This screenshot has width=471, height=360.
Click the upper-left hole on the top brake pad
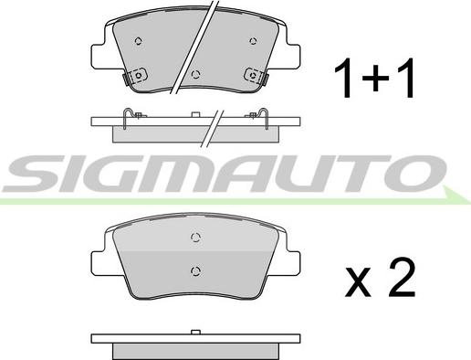[139, 41]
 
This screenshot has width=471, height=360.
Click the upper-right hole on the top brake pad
[253, 41]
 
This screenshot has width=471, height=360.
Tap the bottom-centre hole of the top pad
[196, 74]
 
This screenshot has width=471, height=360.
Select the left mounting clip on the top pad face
[137, 75]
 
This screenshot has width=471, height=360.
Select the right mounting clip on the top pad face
[255, 75]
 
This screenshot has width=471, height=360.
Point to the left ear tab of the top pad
[98, 57]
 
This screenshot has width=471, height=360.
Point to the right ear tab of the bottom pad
[293, 263]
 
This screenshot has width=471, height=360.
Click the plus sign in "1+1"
[375, 78]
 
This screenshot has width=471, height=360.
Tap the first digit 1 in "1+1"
[344, 78]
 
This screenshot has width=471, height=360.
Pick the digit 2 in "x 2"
[402, 277]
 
